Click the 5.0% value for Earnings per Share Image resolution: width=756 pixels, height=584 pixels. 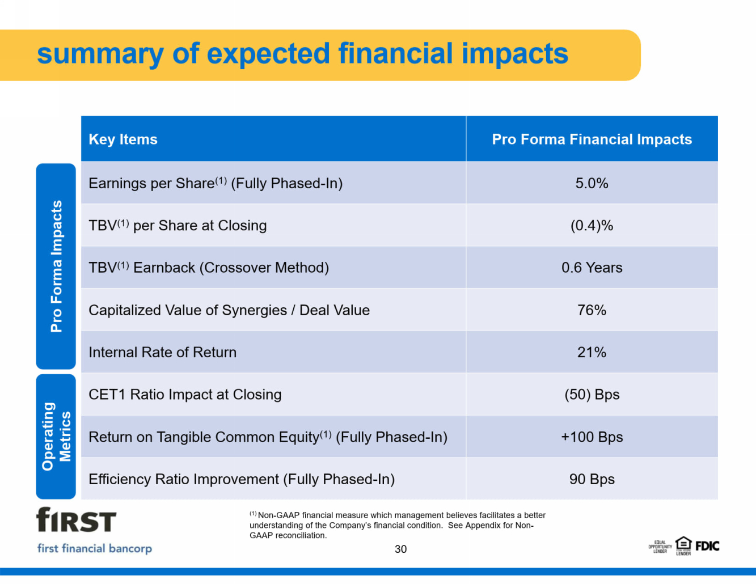[592, 183]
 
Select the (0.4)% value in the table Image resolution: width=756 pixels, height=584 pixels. [592, 226]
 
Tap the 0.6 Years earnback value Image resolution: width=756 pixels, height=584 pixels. [592, 268]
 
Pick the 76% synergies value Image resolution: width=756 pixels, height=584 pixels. [592, 310]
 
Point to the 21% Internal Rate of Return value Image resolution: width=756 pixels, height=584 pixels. [592, 352]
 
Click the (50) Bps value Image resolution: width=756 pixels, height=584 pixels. [592, 395]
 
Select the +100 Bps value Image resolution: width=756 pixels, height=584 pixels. [592, 437]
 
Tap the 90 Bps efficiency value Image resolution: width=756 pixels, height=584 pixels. [592, 479]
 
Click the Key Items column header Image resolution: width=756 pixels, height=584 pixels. [123, 139]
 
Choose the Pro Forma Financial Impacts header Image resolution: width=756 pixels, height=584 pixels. [592, 139]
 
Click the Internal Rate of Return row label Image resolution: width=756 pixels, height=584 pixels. [162, 352]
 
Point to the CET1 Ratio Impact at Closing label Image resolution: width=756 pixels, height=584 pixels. [185, 395]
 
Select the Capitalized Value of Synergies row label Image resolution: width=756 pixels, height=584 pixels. [229, 310]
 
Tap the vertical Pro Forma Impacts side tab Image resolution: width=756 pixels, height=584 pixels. [56, 266]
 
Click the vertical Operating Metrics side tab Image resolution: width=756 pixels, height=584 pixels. [56, 437]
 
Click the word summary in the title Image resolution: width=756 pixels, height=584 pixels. [100, 54]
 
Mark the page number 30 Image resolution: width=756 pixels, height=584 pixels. [400, 549]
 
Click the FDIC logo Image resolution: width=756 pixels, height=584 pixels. [707, 547]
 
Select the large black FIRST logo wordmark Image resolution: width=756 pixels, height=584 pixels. [76, 520]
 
